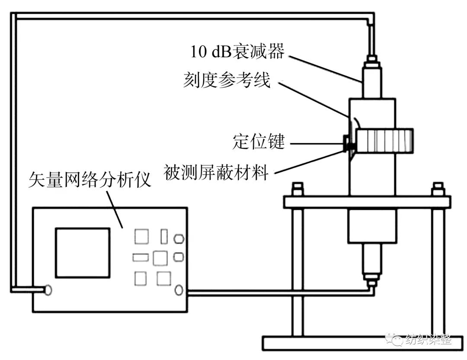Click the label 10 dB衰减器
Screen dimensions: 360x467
coord(237,51)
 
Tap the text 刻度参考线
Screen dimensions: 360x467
coord(227,80)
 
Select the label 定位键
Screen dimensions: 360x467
coord(259,142)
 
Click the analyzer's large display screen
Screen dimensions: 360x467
coord(82,253)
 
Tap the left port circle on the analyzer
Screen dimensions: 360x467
coord(48,290)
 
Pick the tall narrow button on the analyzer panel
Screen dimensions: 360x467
coord(164,237)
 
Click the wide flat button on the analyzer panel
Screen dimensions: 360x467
coord(140,257)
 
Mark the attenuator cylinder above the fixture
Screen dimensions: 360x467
coord(372,83)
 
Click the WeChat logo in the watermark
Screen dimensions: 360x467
coord(393,339)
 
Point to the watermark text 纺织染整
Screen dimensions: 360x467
coord(428,340)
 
